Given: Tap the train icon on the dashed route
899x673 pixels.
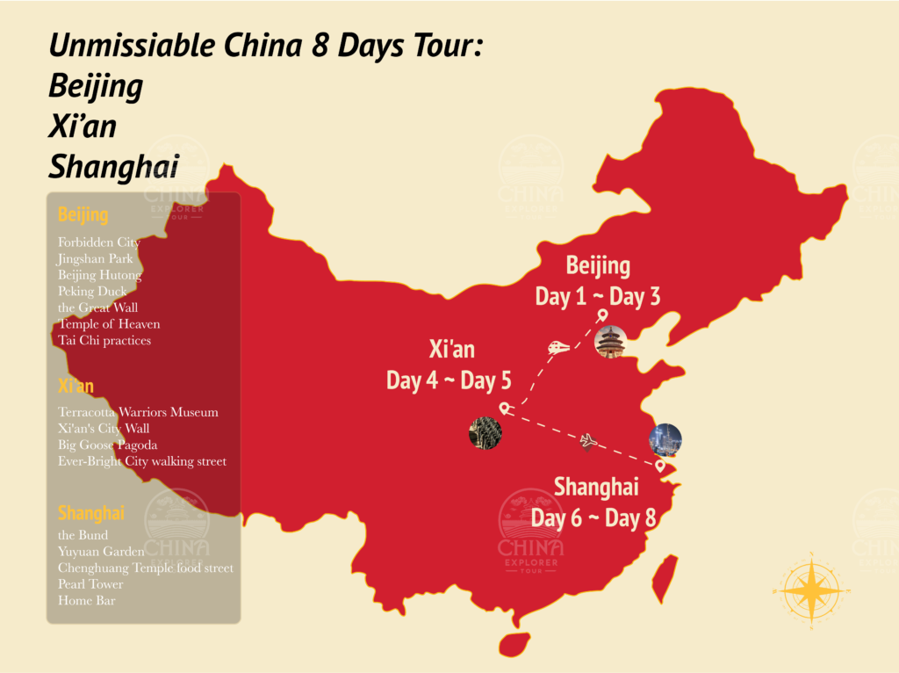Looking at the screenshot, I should (558, 347).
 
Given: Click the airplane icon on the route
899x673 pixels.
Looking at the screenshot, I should (588, 440).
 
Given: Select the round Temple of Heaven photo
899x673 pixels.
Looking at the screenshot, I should (610, 342).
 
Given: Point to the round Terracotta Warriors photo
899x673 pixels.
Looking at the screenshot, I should (485, 433).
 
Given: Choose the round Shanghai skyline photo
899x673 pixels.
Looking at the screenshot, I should (665, 438).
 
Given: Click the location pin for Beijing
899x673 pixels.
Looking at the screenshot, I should (602, 315).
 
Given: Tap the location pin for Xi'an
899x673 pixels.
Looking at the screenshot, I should (504, 408).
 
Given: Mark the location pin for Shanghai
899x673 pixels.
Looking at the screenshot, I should (660, 465).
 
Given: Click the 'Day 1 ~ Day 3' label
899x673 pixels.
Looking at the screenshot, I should (597, 296).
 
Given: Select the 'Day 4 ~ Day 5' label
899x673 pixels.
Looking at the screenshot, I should (449, 380).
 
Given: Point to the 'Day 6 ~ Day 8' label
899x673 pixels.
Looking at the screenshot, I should (593, 517).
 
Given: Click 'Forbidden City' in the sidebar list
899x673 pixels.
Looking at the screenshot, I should (99, 242).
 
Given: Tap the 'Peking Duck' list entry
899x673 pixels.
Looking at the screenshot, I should (92, 291).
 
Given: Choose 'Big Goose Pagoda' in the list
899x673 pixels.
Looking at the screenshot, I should (108, 445).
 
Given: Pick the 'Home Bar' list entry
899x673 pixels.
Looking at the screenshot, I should (86, 600).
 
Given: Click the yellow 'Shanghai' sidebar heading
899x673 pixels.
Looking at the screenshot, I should (91, 512).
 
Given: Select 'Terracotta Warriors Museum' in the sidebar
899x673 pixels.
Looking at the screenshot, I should (138, 411).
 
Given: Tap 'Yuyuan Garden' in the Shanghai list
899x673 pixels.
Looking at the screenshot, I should (101, 551).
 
